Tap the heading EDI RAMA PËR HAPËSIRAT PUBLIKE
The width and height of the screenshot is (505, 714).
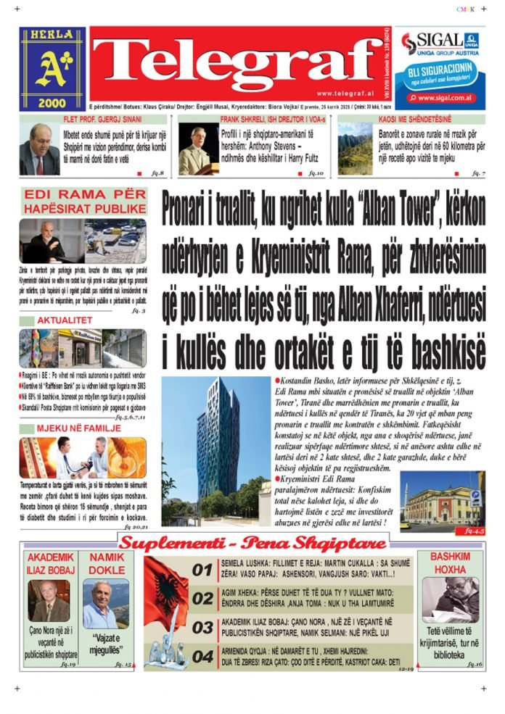click(x=84, y=202)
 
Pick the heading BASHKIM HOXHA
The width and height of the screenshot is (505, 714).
click(x=450, y=563)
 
